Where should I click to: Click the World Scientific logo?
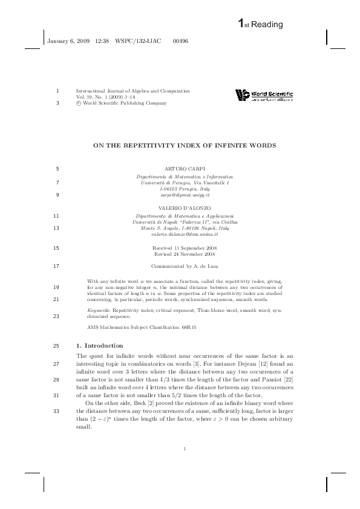click(x=264, y=96)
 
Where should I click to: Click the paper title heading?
click(x=184, y=146)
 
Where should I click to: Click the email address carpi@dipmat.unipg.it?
click(x=185, y=196)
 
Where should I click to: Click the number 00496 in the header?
click(x=180, y=41)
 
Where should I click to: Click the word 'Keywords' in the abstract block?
click(x=99, y=309)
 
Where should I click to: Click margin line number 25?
click(x=56, y=345)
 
